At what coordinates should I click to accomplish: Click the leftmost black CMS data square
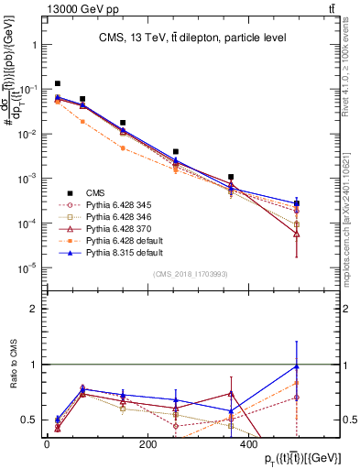pyautogui.click(x=58, y=83)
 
